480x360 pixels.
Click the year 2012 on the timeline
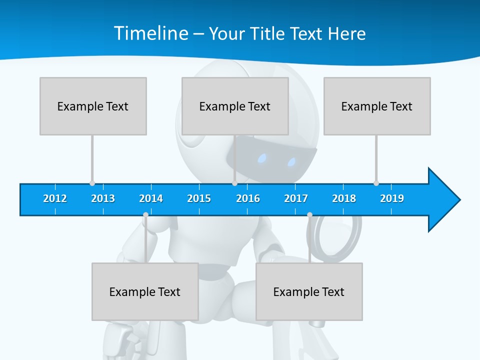coord(55,198)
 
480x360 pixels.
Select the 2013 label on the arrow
coord(103,198)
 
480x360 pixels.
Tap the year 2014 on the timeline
coord(151,198)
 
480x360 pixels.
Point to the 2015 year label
coord(199,198)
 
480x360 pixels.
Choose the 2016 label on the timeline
coord(248,198)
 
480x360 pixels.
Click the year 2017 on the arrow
coord(296,198)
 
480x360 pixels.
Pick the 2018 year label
coord(344,198)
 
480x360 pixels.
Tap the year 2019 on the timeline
coord(392,198)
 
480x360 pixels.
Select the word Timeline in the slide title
coord(149,33)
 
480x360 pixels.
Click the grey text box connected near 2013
coord(93,106)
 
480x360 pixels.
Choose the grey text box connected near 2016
coord(235,106)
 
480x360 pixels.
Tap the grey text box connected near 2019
coord(377,106)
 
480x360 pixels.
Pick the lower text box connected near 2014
coord(145,291)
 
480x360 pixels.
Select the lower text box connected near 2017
coord(309,291)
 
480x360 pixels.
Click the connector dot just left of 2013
coord(92,183)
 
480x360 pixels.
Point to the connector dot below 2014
coord(145,214)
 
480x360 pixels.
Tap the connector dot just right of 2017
coord(309,214)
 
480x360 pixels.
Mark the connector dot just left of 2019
coord(376,183)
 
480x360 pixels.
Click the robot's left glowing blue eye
coord(262,159)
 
